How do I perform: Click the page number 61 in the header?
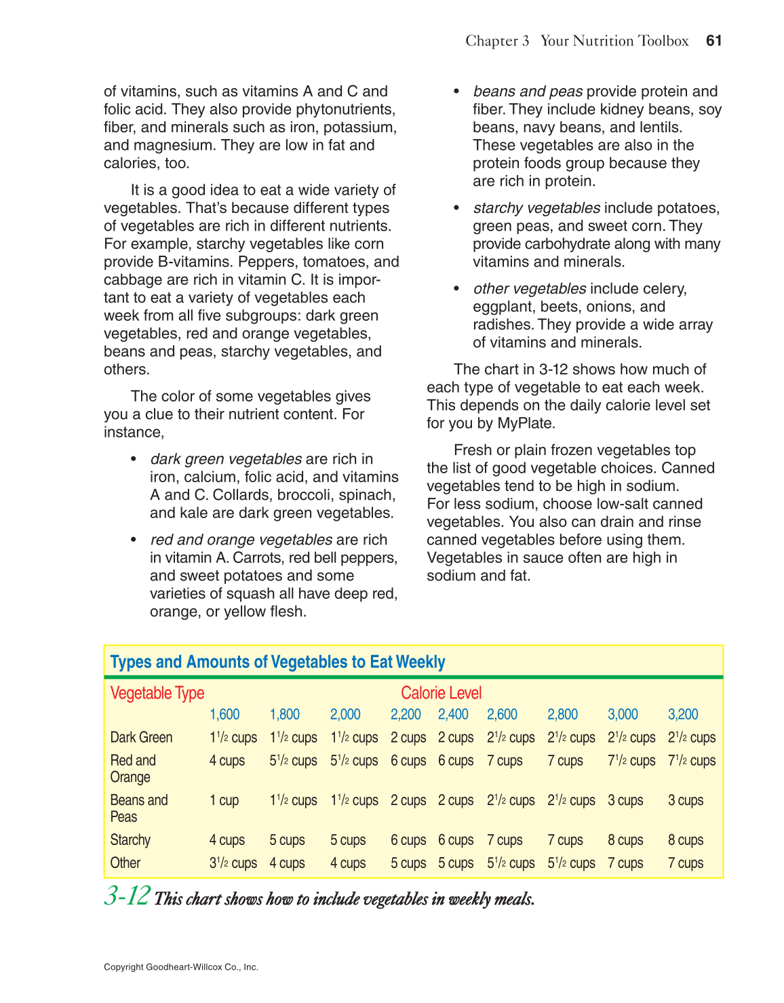click(x=713, y=41)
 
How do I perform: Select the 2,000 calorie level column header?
click(x=345, y=714)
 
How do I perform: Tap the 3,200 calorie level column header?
click(x=683, y=714)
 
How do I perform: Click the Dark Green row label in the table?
click(x=141, y=737)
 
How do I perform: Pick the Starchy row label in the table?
click(x=130, y=840)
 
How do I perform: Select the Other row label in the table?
click(x=125, y=863)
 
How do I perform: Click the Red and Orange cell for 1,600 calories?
click(x=227, y=761)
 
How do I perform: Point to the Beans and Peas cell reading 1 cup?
click(x=224, y=800)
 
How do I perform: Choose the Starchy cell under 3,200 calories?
click(x=686, y=840)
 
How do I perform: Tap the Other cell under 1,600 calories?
click(x=233, y=863)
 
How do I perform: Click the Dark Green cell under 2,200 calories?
click(x=408, y=738)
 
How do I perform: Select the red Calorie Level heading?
click(x=441, y=693)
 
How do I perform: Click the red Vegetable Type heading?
click(x=157, y=693)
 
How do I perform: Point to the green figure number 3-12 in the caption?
click(x=127, y=897)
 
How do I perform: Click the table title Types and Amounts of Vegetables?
click(x=277, y=662)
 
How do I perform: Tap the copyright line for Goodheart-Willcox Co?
click(x=181, y=967)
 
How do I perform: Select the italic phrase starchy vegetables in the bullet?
click(x=536, y=208)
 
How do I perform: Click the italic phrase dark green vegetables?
click(x=226, y=459)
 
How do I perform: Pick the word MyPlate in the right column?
click(x=524, y=423)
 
